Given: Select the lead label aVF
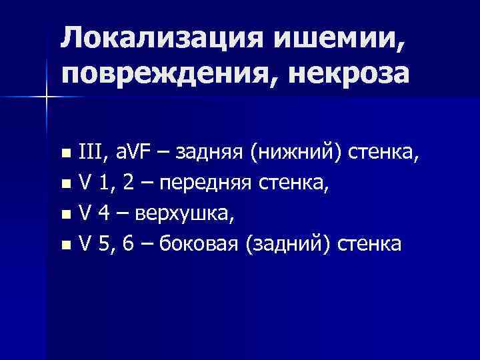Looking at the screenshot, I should (133, 156).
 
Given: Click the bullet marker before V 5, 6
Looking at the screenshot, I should (65, 246).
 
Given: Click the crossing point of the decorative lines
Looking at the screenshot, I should (46, 97).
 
